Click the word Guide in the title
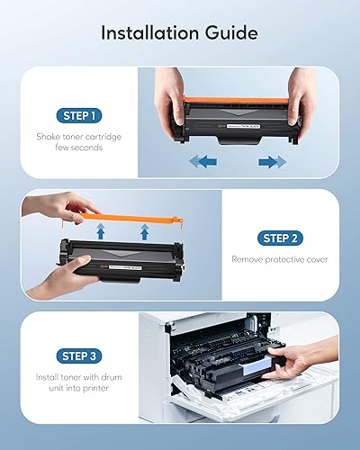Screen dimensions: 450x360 click(233, 32)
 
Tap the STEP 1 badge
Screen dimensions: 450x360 click(80, 114)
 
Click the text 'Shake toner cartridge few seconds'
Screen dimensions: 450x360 click(80, 142)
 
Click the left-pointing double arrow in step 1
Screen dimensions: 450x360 click(204, 162)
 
